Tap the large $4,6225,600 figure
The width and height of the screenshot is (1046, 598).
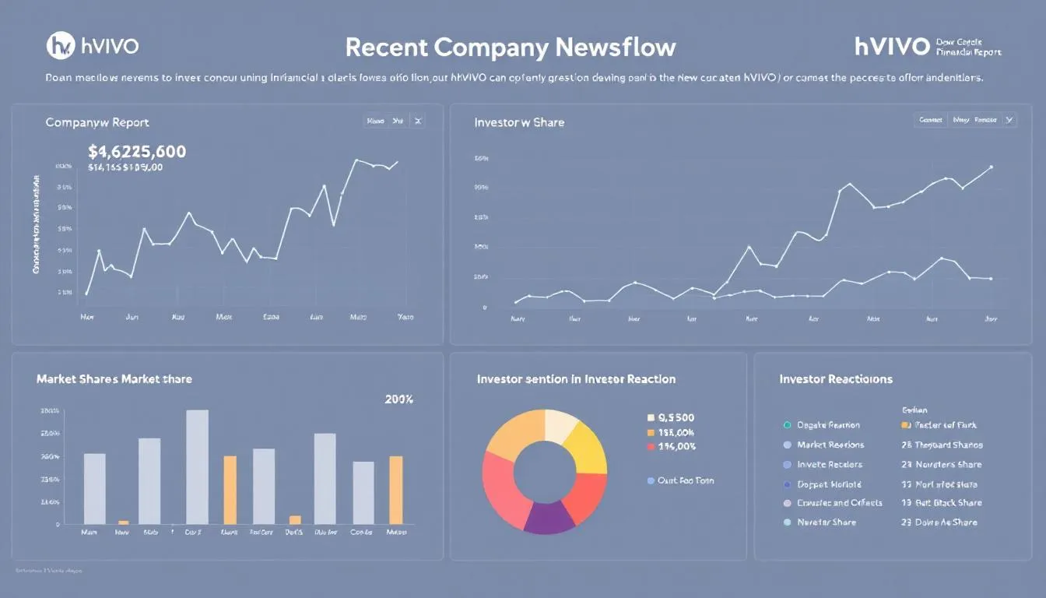137,151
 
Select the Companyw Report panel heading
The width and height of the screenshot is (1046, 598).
97,122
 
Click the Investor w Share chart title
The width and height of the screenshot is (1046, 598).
519,122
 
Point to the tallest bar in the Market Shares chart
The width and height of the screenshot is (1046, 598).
197,466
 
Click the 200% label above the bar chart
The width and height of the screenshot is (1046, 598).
398,399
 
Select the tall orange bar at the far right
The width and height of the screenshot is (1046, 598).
395,490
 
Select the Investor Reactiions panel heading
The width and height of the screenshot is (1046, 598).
836,379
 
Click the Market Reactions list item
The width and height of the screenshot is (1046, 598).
830,445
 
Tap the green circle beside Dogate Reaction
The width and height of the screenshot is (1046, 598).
787,425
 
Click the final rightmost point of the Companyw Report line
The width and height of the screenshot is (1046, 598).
397,162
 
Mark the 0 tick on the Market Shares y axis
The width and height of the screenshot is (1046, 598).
57,524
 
